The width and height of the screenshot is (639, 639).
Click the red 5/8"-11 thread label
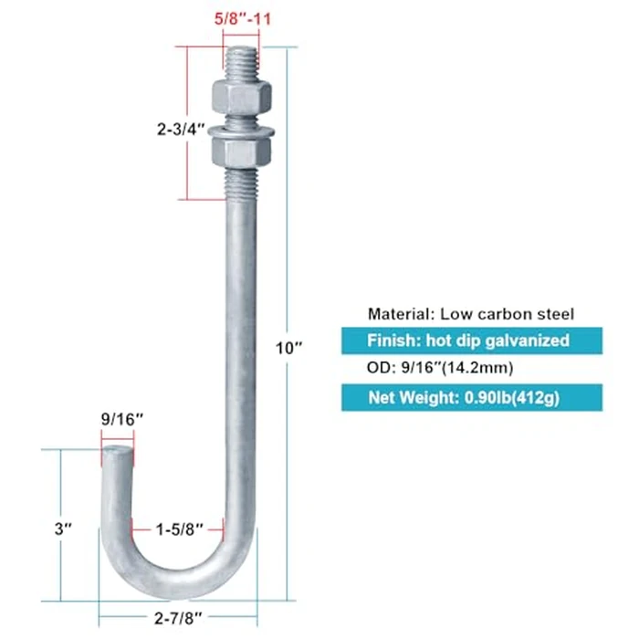point(243,19)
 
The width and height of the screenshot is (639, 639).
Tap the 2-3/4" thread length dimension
point(181,130)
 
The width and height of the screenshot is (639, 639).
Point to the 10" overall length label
point(289,348)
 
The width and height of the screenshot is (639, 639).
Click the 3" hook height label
point(63,529)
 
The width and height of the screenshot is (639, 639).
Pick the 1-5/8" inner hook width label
point(180,529)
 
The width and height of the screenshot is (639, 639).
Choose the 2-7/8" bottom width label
point(178,618)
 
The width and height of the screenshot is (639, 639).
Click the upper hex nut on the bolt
point(242,98)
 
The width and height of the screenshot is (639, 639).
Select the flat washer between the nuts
point(241,131)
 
